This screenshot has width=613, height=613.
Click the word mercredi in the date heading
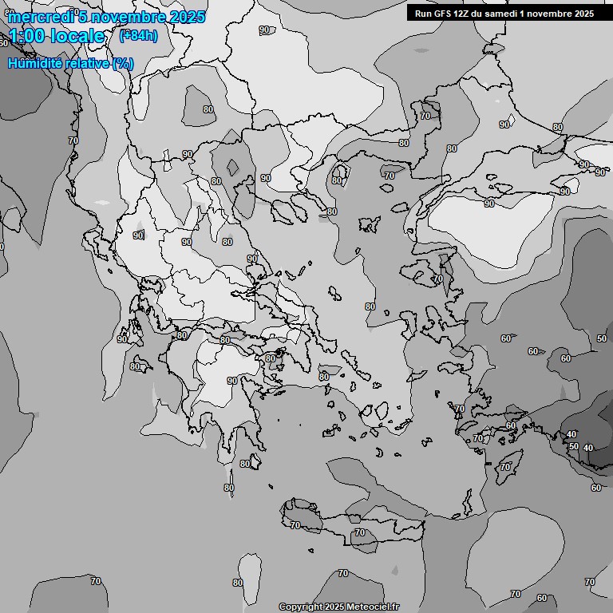(x=41, y=17)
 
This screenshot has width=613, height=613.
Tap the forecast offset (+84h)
(x=138, y=35)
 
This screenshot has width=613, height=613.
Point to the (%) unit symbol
(x=123, y=63)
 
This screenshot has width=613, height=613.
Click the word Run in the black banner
(x=424, y=14)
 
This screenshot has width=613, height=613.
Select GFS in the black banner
(x=444, y=14)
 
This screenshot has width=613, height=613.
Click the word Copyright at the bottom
(x=301, y=607)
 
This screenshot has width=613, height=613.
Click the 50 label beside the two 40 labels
(x=573, y=446)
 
